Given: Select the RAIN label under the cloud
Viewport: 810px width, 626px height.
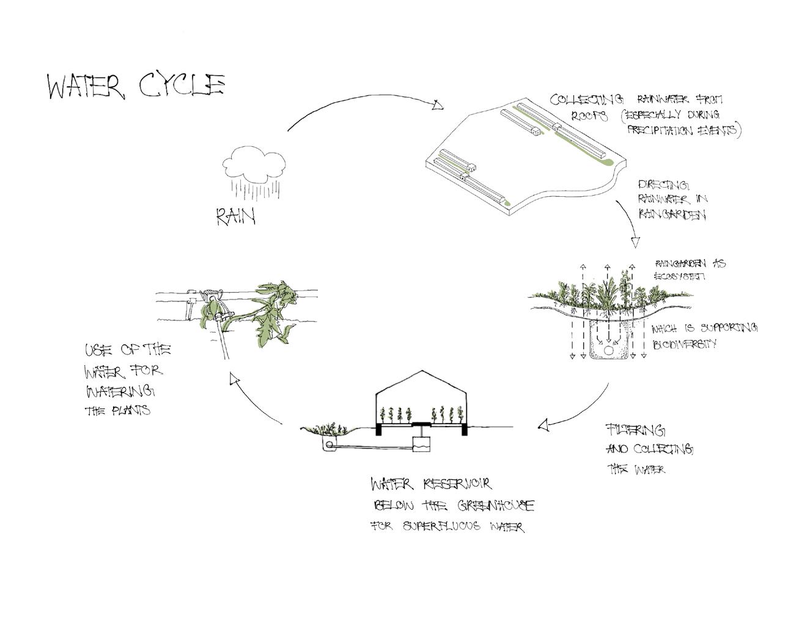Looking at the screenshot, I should click(235, 216).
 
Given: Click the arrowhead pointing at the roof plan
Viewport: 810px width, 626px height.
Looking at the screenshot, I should click(438, 106).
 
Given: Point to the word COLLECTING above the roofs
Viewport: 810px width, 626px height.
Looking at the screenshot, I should click(586, 99).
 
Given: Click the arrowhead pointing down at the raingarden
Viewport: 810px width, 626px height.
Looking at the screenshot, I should click(635, 241).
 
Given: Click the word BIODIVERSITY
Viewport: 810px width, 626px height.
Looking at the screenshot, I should click(685, 344).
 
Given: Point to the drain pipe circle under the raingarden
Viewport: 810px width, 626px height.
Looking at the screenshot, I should click(609, 350).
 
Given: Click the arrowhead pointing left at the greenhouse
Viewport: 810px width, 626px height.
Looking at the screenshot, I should click(543, 424).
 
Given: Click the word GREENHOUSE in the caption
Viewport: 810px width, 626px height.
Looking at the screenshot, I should click(495, 506).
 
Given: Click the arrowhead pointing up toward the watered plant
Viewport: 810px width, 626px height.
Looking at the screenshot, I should click(233, 379).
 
